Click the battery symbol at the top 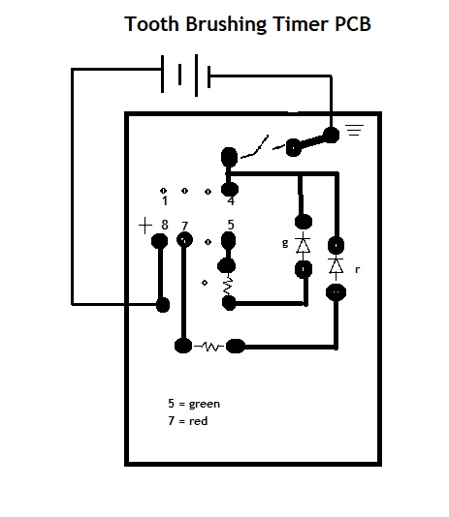tap(182, 74)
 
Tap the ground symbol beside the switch tap(354, 128)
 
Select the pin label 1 tap(165, 201)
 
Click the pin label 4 tap(230, 201)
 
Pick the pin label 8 tap(165, 226)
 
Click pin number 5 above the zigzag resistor tap(231, 226)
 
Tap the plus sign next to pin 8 tap(145, 226)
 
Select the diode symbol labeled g tap(303, 244)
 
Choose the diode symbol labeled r tap(337, 264)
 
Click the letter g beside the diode tap(285, 244)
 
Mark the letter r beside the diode tap(357, 269)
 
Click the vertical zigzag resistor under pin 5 tap(230, 286)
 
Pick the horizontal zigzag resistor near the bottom tap(209, 346)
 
